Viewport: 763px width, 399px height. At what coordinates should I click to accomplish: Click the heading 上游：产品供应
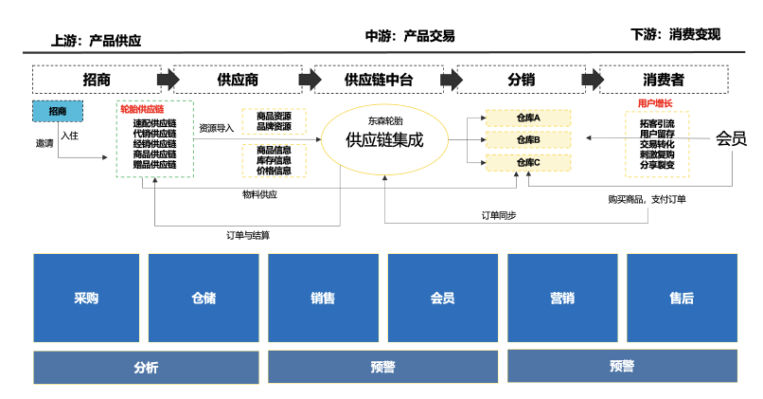tap(96, 41)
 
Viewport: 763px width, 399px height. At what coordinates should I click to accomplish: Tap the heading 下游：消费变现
tap(675, 35)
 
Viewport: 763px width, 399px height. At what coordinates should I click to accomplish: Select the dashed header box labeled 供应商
tap(237, 80)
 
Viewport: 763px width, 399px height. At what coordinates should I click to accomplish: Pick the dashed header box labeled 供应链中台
tap(379, 80)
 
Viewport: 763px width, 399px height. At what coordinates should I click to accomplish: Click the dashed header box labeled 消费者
tap(664, 80)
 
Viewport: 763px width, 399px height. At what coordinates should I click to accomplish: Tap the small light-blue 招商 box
tap(58, 111)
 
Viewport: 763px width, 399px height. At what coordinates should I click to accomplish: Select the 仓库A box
tap(528, 118)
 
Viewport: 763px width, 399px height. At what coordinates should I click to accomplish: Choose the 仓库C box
tap(528, 163)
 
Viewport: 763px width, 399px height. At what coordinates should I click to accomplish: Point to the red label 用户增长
tap(655, 103)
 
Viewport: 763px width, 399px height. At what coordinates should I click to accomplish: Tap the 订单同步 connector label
tap(498, 215)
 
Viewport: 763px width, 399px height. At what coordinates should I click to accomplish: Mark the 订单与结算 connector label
tap(254, 234)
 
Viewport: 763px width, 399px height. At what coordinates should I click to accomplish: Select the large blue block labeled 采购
tap(86, 298)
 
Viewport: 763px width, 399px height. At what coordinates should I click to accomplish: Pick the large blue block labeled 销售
tap(323, 298)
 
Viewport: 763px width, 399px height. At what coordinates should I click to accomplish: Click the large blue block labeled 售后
tap(681, 298)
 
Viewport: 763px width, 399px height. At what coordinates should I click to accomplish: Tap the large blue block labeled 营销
tap(562, 298)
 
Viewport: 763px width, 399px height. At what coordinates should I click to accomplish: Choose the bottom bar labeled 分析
tap(146, 367)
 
